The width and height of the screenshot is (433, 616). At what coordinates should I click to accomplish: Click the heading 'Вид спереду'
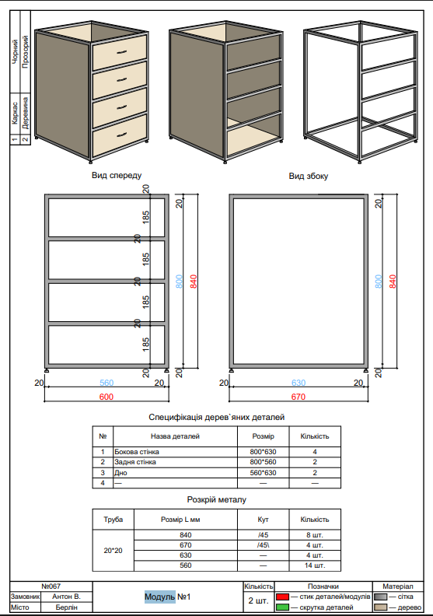click(x=117, y=176)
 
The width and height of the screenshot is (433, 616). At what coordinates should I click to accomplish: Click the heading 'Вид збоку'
click(x=309, y=176)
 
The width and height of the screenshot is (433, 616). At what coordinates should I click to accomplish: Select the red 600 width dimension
click(x=107, y=397)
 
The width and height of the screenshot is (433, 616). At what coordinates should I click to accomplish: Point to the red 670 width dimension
click(x=297, y=397)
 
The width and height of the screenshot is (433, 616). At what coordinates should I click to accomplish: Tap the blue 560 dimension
click(x=107, y=383)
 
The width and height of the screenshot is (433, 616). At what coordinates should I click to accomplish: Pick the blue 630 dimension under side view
click(x=298, y=383)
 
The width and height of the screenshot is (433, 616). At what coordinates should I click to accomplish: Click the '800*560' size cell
click(x=264, y=462)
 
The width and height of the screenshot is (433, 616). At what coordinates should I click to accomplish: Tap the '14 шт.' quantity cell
click(x=314, y=565)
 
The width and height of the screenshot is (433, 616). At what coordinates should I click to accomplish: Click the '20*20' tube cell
click(x=113, y=550)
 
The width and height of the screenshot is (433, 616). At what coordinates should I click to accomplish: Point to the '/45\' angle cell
click(x=264, y=545)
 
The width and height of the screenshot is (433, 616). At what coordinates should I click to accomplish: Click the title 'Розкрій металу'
click(x=216, y=499)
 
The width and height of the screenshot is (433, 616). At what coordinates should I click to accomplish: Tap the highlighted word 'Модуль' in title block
click(x=159, y=597)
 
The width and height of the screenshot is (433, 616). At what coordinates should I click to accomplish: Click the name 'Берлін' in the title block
click(x=65, y=607)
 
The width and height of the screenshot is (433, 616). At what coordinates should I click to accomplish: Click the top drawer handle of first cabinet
click(x=120, y=51)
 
